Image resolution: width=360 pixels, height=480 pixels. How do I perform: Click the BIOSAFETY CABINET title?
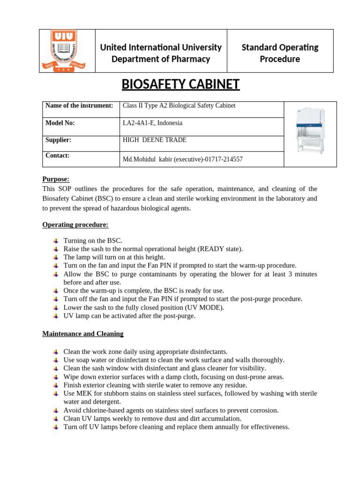click(x=180, y=84)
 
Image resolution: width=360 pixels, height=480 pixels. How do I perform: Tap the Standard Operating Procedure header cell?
click(x=280, y=53)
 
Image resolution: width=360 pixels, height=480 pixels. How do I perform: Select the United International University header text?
click(x=161, y=47)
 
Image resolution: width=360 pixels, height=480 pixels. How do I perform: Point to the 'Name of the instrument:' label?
click(x=79, y=105)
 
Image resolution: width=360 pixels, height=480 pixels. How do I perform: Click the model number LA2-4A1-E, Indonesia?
click(x=152, y=123)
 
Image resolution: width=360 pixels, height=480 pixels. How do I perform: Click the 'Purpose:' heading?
click(x=56, y=179)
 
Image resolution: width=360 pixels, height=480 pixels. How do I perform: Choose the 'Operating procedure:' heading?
click(x=75, y=225)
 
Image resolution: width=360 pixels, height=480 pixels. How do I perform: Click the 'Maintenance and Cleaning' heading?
click(x=82, y=334)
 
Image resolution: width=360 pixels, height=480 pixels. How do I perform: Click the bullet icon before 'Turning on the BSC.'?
click(x=55, y=240)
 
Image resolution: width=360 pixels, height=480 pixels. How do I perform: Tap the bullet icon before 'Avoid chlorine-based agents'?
click(x=55, y=410)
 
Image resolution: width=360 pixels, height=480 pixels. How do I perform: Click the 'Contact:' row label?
click(x=57, y=155)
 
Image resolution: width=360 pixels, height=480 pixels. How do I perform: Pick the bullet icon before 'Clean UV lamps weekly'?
click(x=55, y=419)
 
